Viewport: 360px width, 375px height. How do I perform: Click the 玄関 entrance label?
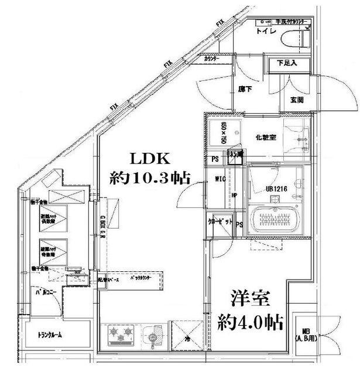[297, 100]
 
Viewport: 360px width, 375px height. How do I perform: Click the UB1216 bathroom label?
[276, 189]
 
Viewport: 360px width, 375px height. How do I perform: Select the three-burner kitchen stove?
[121, 336]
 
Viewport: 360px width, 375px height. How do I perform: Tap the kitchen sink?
[155, 336]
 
